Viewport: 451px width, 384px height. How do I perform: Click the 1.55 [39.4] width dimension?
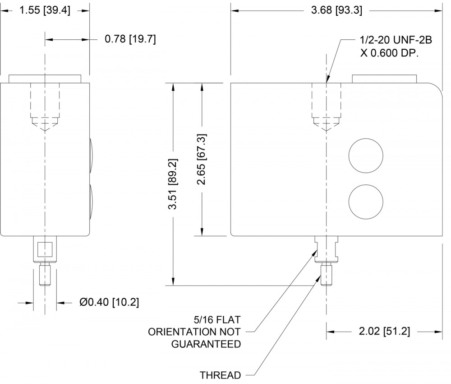coord(45,11)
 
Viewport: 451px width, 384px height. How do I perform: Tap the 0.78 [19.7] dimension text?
coord(130,38)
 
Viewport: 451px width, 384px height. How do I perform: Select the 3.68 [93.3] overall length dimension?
coord(336,11)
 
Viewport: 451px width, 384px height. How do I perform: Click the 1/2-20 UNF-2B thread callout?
coord(396,40)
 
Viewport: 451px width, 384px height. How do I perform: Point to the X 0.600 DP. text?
coord(390,53)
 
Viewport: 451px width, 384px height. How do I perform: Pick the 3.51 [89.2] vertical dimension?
coord(173,183)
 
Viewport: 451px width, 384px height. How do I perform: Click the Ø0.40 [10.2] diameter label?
coord(109,302)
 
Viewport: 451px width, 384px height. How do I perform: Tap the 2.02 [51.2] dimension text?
coord(385,331)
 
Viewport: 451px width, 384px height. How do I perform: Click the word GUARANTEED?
coord(206,344)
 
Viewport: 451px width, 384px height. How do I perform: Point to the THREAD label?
coord(221,375)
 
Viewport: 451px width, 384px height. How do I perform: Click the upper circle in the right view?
coord(366,155)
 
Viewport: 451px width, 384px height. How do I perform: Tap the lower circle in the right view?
coord(366,201)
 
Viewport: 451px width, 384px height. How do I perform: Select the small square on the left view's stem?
coord(45,249)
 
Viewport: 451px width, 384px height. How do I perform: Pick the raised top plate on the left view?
coord(45,79)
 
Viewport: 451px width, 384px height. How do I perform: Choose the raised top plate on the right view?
coord(385,79)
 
